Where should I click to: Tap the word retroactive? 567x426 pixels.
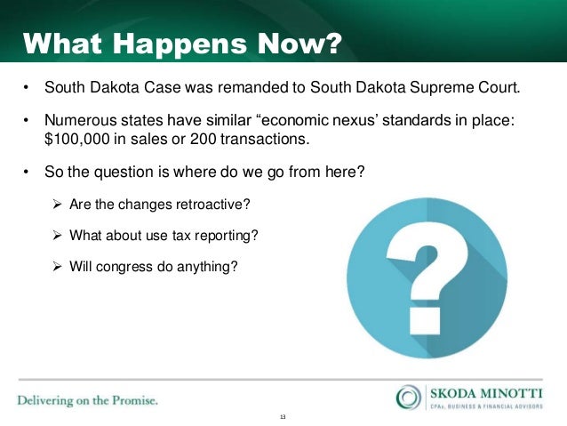click(214, 205)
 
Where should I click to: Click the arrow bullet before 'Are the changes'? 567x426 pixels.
click(59, 205)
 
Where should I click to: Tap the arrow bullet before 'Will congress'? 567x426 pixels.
click(59, 264)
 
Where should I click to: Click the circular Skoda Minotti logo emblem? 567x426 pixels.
click(410, 397)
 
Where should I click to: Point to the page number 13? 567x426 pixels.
click(283, 417)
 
